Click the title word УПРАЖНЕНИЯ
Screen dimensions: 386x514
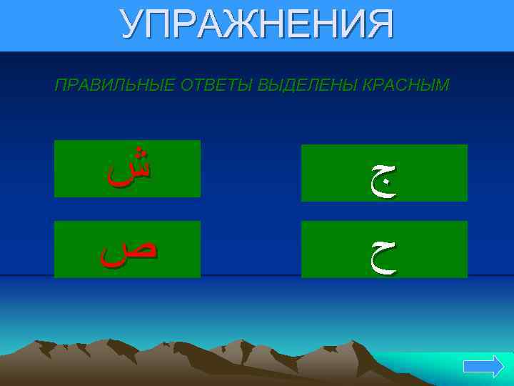(x=257, y=25)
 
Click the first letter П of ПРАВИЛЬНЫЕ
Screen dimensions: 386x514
(x=59, y=86)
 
